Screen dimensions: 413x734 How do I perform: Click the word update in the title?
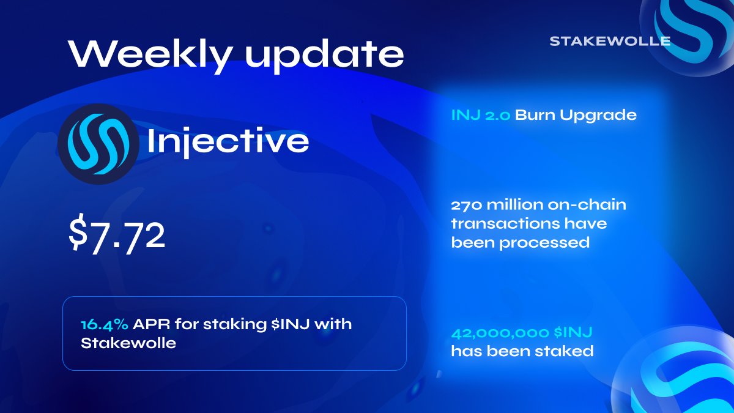pos(324,55)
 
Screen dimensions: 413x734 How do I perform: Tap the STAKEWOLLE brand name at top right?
pos(609,42)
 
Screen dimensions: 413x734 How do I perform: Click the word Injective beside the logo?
pos(228,142)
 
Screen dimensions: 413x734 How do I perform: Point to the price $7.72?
pos(117,236)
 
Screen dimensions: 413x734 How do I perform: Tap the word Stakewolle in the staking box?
pos(128,343)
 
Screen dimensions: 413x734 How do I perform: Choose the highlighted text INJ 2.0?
pos(480,115)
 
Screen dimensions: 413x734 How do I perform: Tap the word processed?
pos(544,243)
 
